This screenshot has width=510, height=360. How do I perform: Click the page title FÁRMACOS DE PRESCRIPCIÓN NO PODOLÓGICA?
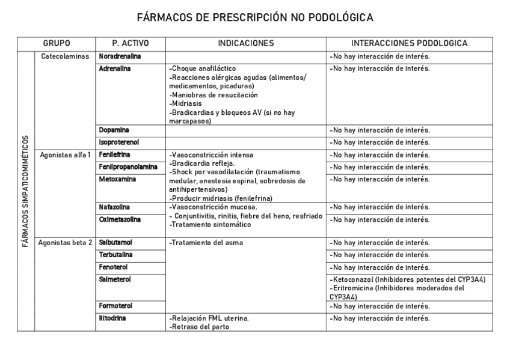point(255,17)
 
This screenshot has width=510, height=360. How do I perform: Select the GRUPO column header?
point(57,43)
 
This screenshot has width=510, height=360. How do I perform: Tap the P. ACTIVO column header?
point(131,43)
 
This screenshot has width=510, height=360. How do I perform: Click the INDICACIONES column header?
point(245,43)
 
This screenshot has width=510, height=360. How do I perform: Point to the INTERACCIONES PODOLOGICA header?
point(410,43)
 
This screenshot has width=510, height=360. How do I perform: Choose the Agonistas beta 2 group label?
point(65,243)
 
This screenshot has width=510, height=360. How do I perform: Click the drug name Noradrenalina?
point(120,56)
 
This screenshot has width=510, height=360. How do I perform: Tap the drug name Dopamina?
point(114,130)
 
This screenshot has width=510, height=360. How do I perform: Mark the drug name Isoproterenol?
point(118,142)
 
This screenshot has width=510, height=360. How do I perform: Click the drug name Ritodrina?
point(112,318)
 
